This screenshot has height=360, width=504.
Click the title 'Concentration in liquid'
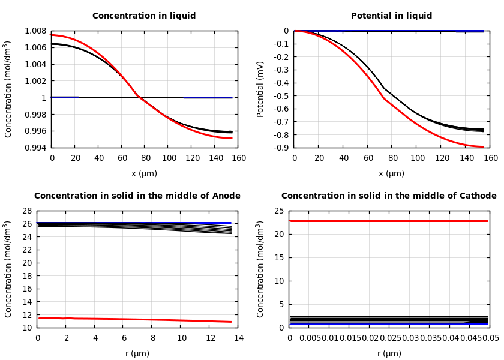tap(144, 16)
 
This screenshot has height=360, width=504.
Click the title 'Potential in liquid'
tap(391, 16)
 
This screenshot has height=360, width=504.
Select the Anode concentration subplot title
tap(137, 196)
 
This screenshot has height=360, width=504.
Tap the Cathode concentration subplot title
tap(389, 196)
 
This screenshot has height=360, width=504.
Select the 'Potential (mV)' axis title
tap(260, 89)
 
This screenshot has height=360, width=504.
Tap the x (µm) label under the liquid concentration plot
tap(144, 173)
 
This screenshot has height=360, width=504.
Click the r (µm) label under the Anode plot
tap(137, 353)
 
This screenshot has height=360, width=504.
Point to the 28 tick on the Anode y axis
tap(26, 211)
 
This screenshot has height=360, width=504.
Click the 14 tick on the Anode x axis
tap(238, 338)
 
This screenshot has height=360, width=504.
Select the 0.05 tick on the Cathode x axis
tap(491, 338)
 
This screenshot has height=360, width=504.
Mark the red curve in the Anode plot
tap(137, 319)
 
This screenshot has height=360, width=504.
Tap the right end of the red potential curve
tap(483, 146)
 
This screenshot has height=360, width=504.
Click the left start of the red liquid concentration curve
tap(52, 35)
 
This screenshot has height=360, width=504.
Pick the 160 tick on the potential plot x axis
tap(490, 158)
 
